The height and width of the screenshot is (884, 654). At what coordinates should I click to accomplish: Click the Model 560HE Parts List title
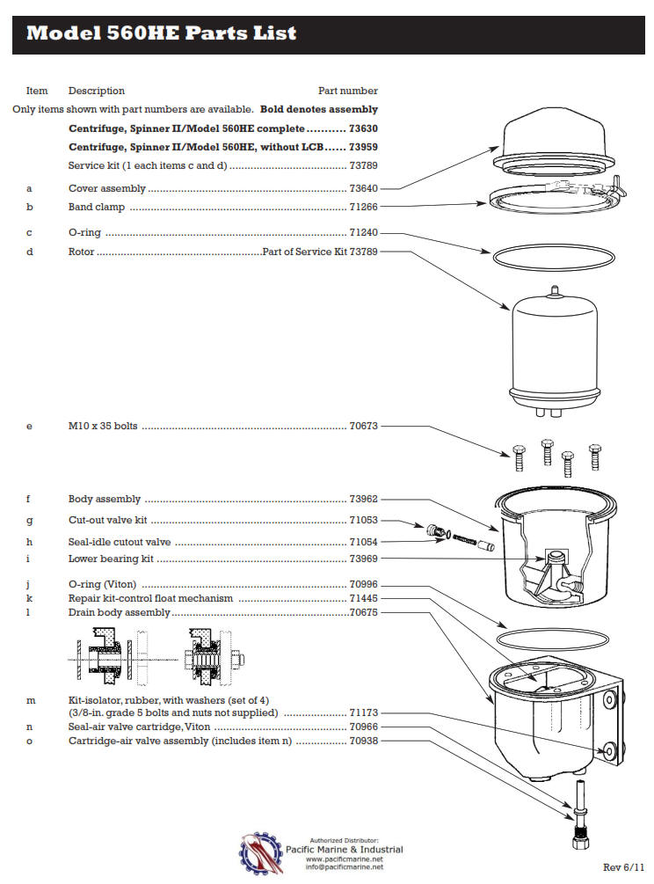161,34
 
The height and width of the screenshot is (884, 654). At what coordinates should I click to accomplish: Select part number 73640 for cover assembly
363,188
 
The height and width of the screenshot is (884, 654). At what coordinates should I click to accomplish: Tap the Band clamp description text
97,208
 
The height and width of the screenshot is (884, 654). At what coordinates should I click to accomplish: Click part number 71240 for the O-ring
363,233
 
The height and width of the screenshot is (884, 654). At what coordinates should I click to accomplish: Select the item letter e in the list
30,427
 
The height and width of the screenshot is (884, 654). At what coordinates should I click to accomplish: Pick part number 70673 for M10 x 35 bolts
363,427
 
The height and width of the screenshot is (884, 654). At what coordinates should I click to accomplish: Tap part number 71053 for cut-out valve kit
363,521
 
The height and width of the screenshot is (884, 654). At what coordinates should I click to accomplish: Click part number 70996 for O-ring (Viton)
363,584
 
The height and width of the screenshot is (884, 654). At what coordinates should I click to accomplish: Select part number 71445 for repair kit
363,598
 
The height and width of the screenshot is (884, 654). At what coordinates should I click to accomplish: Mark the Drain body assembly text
119,612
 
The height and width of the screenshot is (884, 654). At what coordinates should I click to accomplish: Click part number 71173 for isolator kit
363,712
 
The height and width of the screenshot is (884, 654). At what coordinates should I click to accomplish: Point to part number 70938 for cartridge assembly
363,741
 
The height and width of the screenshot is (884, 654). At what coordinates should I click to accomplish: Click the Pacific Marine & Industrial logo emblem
261,851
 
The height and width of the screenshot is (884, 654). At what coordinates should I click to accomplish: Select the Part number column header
347,91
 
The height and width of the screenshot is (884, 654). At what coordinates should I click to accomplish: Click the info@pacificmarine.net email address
344,867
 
